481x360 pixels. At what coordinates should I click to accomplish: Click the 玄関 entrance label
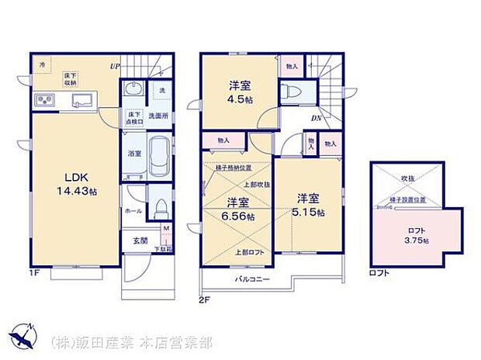(140, 241)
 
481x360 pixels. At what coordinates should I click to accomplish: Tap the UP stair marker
(114, 65)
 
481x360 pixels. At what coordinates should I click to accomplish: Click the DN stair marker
(316, 118)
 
